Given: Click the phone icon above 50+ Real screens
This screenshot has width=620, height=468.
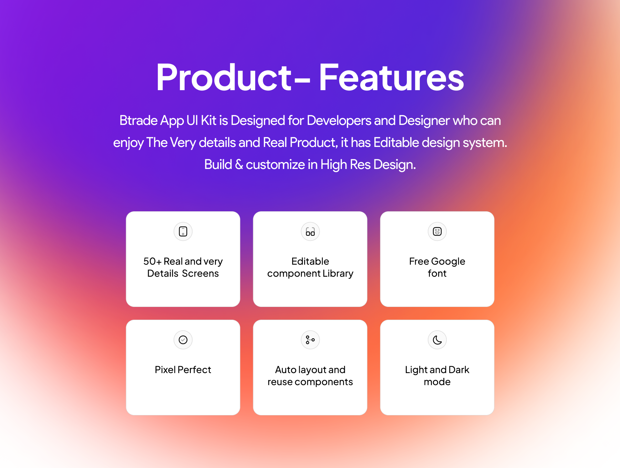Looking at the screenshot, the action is pyautogui.click(x=183, y=231).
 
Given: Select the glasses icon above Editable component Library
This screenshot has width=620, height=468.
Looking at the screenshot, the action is pyautogui.click(x=310, y=232).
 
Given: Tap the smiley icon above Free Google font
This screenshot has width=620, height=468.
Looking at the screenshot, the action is pyautogui.click(x=437, y=231).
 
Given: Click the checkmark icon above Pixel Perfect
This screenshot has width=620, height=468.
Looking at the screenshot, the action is pyautogui.click(x=183, y=340).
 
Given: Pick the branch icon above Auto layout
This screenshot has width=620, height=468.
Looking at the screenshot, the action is pyautogui.click(x=310, y=340).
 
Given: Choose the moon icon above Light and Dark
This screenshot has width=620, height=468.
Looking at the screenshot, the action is pyautogui.click(x=437, y=340).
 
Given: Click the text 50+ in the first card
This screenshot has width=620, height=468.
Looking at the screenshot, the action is pyautogui.click(x=152, y=262).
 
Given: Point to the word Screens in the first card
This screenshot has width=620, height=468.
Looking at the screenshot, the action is pyautogui.click(x=200, y=274).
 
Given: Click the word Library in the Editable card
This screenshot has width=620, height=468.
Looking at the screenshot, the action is pyautogui.click(x=338, y=274).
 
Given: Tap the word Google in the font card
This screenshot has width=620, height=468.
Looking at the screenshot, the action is pyautogui.click(x=448, y=262).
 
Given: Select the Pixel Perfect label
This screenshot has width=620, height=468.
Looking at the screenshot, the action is pyautogui.click(x=183, y=370).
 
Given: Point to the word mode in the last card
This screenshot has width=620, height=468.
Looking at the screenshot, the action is pyautogui.click(x=437, y=382).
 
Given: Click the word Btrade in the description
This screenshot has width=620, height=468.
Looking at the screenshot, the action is pyautogui.click(x=138, y=121).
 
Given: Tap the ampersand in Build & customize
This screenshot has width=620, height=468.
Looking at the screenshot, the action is pyautogui.click(x=239, y=165).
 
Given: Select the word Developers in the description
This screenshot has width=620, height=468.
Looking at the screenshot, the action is pyautogui.click(x=339, y=121).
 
